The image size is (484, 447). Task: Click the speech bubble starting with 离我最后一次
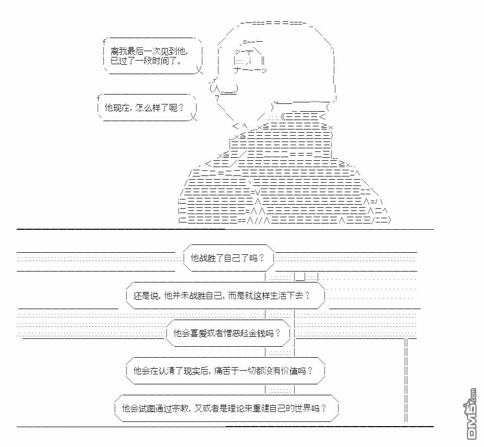coord(153,56)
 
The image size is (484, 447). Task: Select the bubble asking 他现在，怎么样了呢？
coord(147,108)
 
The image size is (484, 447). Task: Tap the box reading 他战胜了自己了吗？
coord(228,258)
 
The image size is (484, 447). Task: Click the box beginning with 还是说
coord(226,296)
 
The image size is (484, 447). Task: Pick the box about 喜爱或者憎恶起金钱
coord(228,333)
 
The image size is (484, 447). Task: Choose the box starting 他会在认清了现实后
coord(226,370)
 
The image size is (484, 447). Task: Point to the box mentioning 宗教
coord(226,408)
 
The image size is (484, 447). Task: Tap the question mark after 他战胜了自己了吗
coord(261,258)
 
